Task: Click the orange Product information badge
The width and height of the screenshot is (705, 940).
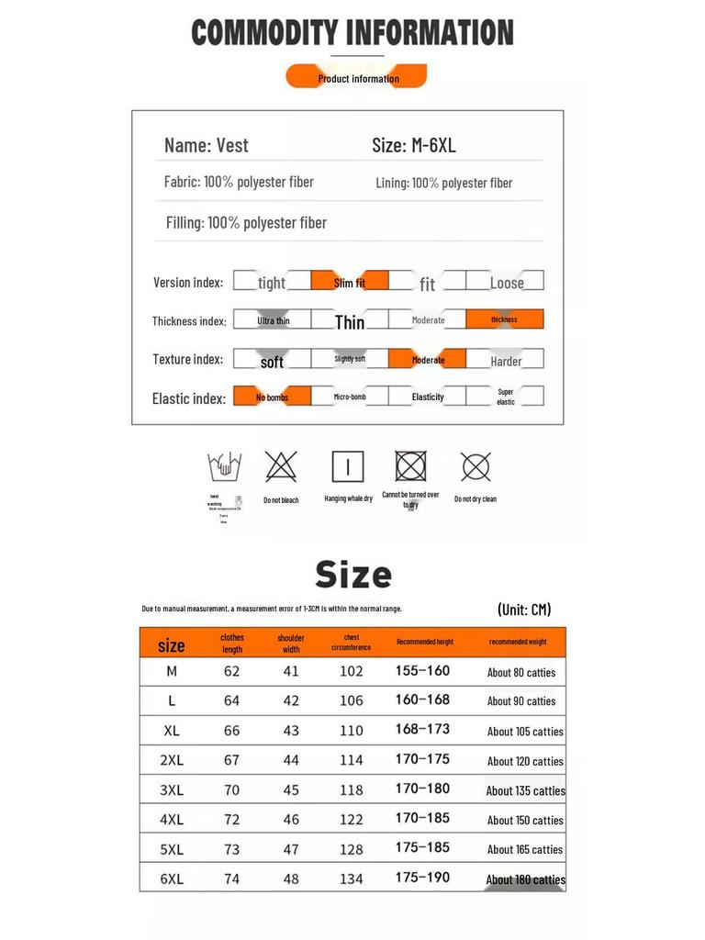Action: [x=357, y=77]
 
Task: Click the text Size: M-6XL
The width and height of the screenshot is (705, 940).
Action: [x=414, y=145]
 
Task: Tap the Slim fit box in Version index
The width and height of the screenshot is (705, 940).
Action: [x=349, y=282]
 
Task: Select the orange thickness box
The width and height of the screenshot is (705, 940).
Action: [x=504, y=319]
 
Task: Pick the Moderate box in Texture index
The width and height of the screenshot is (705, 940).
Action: [x=427, y=359]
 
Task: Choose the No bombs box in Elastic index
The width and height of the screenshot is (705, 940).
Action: [x=272, y=397]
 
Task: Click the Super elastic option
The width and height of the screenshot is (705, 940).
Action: [x=505, y=397]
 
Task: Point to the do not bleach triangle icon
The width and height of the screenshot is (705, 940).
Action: [x=281, y=466]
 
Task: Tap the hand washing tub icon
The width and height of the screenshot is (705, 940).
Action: [x=224, y=467]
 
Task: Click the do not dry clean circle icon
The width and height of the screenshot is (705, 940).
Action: [x=476, y=467]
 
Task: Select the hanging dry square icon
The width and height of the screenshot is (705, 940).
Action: [x=348, y=466]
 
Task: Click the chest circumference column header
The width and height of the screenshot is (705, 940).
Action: [x=351, y=643]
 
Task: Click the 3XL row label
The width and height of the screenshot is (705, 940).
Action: [x=172, y=789]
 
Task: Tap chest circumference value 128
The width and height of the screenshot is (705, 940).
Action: [x=351, y=849]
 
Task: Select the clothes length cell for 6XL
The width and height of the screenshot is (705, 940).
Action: [x=231, y=878]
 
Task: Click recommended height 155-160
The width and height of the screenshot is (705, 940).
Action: [x=422, y=671]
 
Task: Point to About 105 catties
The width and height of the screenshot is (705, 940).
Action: [x=525, y=732]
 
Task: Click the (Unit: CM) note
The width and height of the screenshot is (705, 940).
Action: [x=524, y=610]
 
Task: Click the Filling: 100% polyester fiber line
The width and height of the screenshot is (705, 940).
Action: [x=246, y=222]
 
